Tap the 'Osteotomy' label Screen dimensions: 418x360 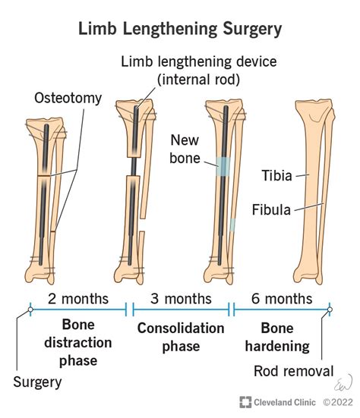(x=66, y=97)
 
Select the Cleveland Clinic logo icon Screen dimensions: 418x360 (x=245, y=402)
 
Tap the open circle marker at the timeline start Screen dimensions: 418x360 (x=30, y=310)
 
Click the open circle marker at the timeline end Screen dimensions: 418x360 (x=330, y=310)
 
